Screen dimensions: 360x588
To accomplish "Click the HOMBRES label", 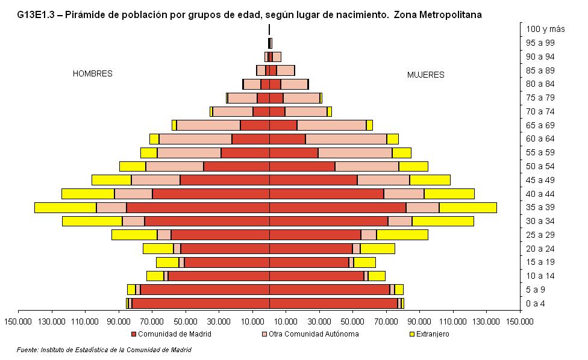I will coord(92,73).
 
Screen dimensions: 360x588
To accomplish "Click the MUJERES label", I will coord(425,75).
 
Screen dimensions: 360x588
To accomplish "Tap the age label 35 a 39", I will coord(540,207).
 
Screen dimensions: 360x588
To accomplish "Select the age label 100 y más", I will coord(545,29).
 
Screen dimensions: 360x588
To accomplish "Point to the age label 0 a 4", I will coord(536,303).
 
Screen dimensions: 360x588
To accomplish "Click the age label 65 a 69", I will coord(540,125).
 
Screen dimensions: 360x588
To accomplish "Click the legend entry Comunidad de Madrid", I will coord(172,334).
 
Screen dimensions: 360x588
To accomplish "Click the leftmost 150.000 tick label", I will coord(18,321).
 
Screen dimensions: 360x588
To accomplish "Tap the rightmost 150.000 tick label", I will coord(520,321).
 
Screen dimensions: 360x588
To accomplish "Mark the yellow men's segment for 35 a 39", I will coord(65,208).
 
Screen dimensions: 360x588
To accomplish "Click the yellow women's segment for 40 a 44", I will coord(449,194).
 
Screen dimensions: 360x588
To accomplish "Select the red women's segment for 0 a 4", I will coord(333,303).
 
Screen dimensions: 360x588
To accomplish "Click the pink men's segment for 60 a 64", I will coord(195,139).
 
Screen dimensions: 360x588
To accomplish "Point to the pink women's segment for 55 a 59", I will coord(355,153).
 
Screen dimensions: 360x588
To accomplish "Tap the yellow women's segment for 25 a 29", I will coord(402,235).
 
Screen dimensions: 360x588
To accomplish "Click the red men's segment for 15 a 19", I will coord(227,262).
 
